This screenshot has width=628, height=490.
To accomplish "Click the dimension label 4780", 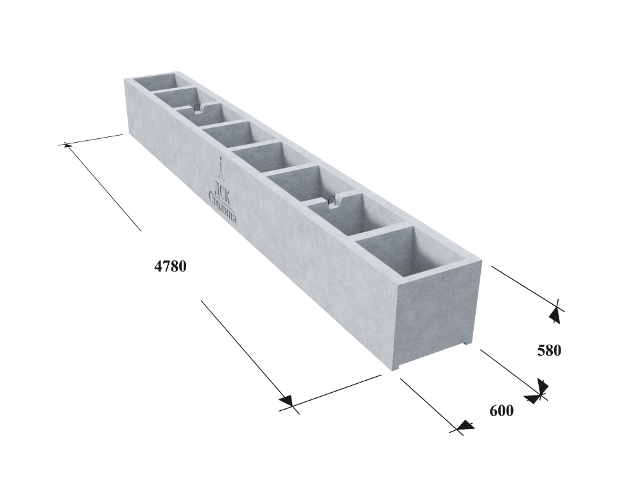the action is pos(171,266).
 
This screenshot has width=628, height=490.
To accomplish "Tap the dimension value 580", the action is pos(549,350).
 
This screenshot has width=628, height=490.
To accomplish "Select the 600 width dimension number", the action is pos(502,411).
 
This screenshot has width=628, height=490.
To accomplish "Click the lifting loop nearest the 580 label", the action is pos(332,202).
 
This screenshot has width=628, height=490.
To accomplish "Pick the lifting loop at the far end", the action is pos(196,108).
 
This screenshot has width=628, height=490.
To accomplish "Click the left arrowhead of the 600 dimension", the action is pos(465,425).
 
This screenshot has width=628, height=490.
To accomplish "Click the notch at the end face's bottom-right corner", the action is pos(467,342).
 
